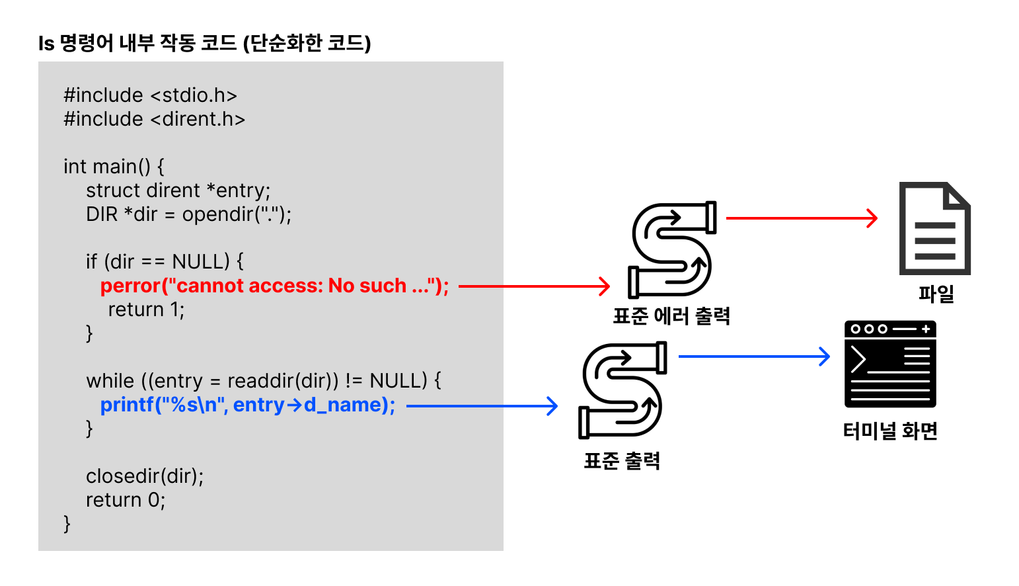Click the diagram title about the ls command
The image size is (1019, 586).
(x=204, y=44)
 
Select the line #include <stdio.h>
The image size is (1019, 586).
(x=150, y=95)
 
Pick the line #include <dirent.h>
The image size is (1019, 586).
(x=154, y=119)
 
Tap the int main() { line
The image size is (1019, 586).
(x=114, y=167)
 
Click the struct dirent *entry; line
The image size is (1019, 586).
(x=178, y=190)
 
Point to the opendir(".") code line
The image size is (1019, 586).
(x=188, y=214)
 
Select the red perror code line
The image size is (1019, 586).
(x=274, y=286)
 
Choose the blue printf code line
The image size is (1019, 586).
(x=248, y=405)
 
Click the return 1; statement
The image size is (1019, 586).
(x=146, y=310)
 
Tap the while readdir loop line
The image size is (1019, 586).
(x=264, y=381)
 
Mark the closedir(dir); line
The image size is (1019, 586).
(x=145, y=476)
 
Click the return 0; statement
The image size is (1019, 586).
(x=126, y=500)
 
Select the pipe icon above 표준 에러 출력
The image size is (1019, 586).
(x=671, y=249)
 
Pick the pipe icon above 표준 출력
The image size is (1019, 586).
(x=622, y=390)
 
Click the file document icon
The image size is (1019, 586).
(x=934, y=228)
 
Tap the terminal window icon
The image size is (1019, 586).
(x=890, y=364)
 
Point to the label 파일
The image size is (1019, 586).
(x=936, y=293)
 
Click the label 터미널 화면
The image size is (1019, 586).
(x=890, y=431)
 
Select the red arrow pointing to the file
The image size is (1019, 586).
(x=802, y=218)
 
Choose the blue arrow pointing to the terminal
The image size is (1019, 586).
(x=754, y=356)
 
